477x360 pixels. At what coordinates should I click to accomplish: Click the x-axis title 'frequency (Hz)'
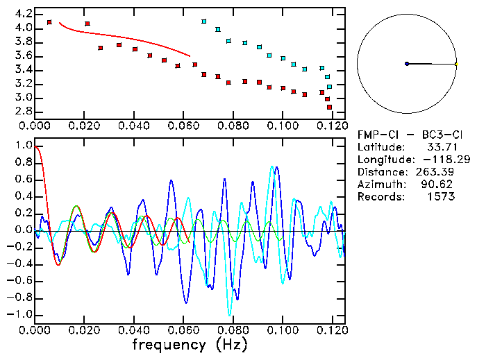click(189, 344)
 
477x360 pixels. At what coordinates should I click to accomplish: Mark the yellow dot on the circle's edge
click(456, 64)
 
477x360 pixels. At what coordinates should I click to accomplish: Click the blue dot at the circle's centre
click(407, 64)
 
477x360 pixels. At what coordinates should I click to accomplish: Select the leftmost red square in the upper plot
click(49, 22)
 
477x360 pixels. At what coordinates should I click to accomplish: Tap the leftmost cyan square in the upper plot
click(204, 22)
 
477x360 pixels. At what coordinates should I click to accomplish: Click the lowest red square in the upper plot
click(329, 107)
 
